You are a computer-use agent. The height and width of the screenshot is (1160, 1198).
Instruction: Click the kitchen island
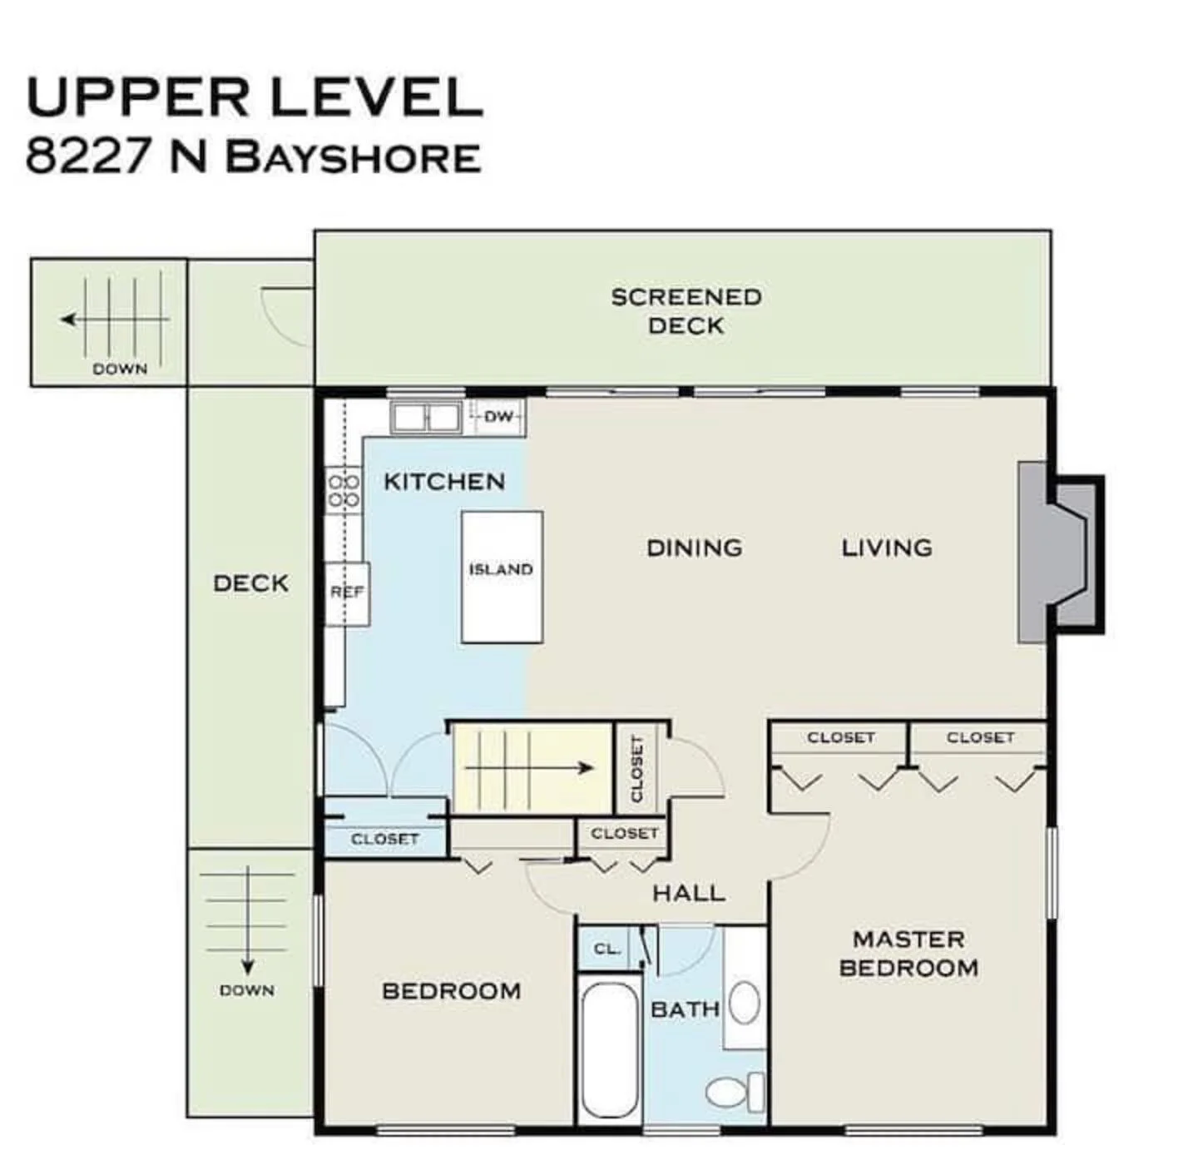click(502, 577)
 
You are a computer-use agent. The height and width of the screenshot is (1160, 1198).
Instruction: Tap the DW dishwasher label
click(498, 416)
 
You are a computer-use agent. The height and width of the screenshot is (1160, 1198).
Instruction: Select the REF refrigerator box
click(347, 592)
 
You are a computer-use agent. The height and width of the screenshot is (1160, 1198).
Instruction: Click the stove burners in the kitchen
click(344, 490)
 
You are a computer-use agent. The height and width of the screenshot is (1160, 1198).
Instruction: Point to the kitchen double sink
click(426, 417)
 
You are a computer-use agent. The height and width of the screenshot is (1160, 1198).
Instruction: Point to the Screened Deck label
click(686, 311)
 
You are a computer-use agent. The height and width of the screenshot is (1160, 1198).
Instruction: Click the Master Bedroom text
click(908, 954)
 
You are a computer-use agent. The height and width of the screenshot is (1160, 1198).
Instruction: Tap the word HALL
click(688, 894)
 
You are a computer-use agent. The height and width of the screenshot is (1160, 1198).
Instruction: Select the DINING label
click(694, 548)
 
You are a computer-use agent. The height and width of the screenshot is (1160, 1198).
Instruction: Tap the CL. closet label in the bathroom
click(607, 949)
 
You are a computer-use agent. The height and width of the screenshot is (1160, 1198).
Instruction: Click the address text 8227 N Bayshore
click(253, 156)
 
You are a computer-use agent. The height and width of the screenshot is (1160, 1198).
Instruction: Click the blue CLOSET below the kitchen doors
click(384, 839)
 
